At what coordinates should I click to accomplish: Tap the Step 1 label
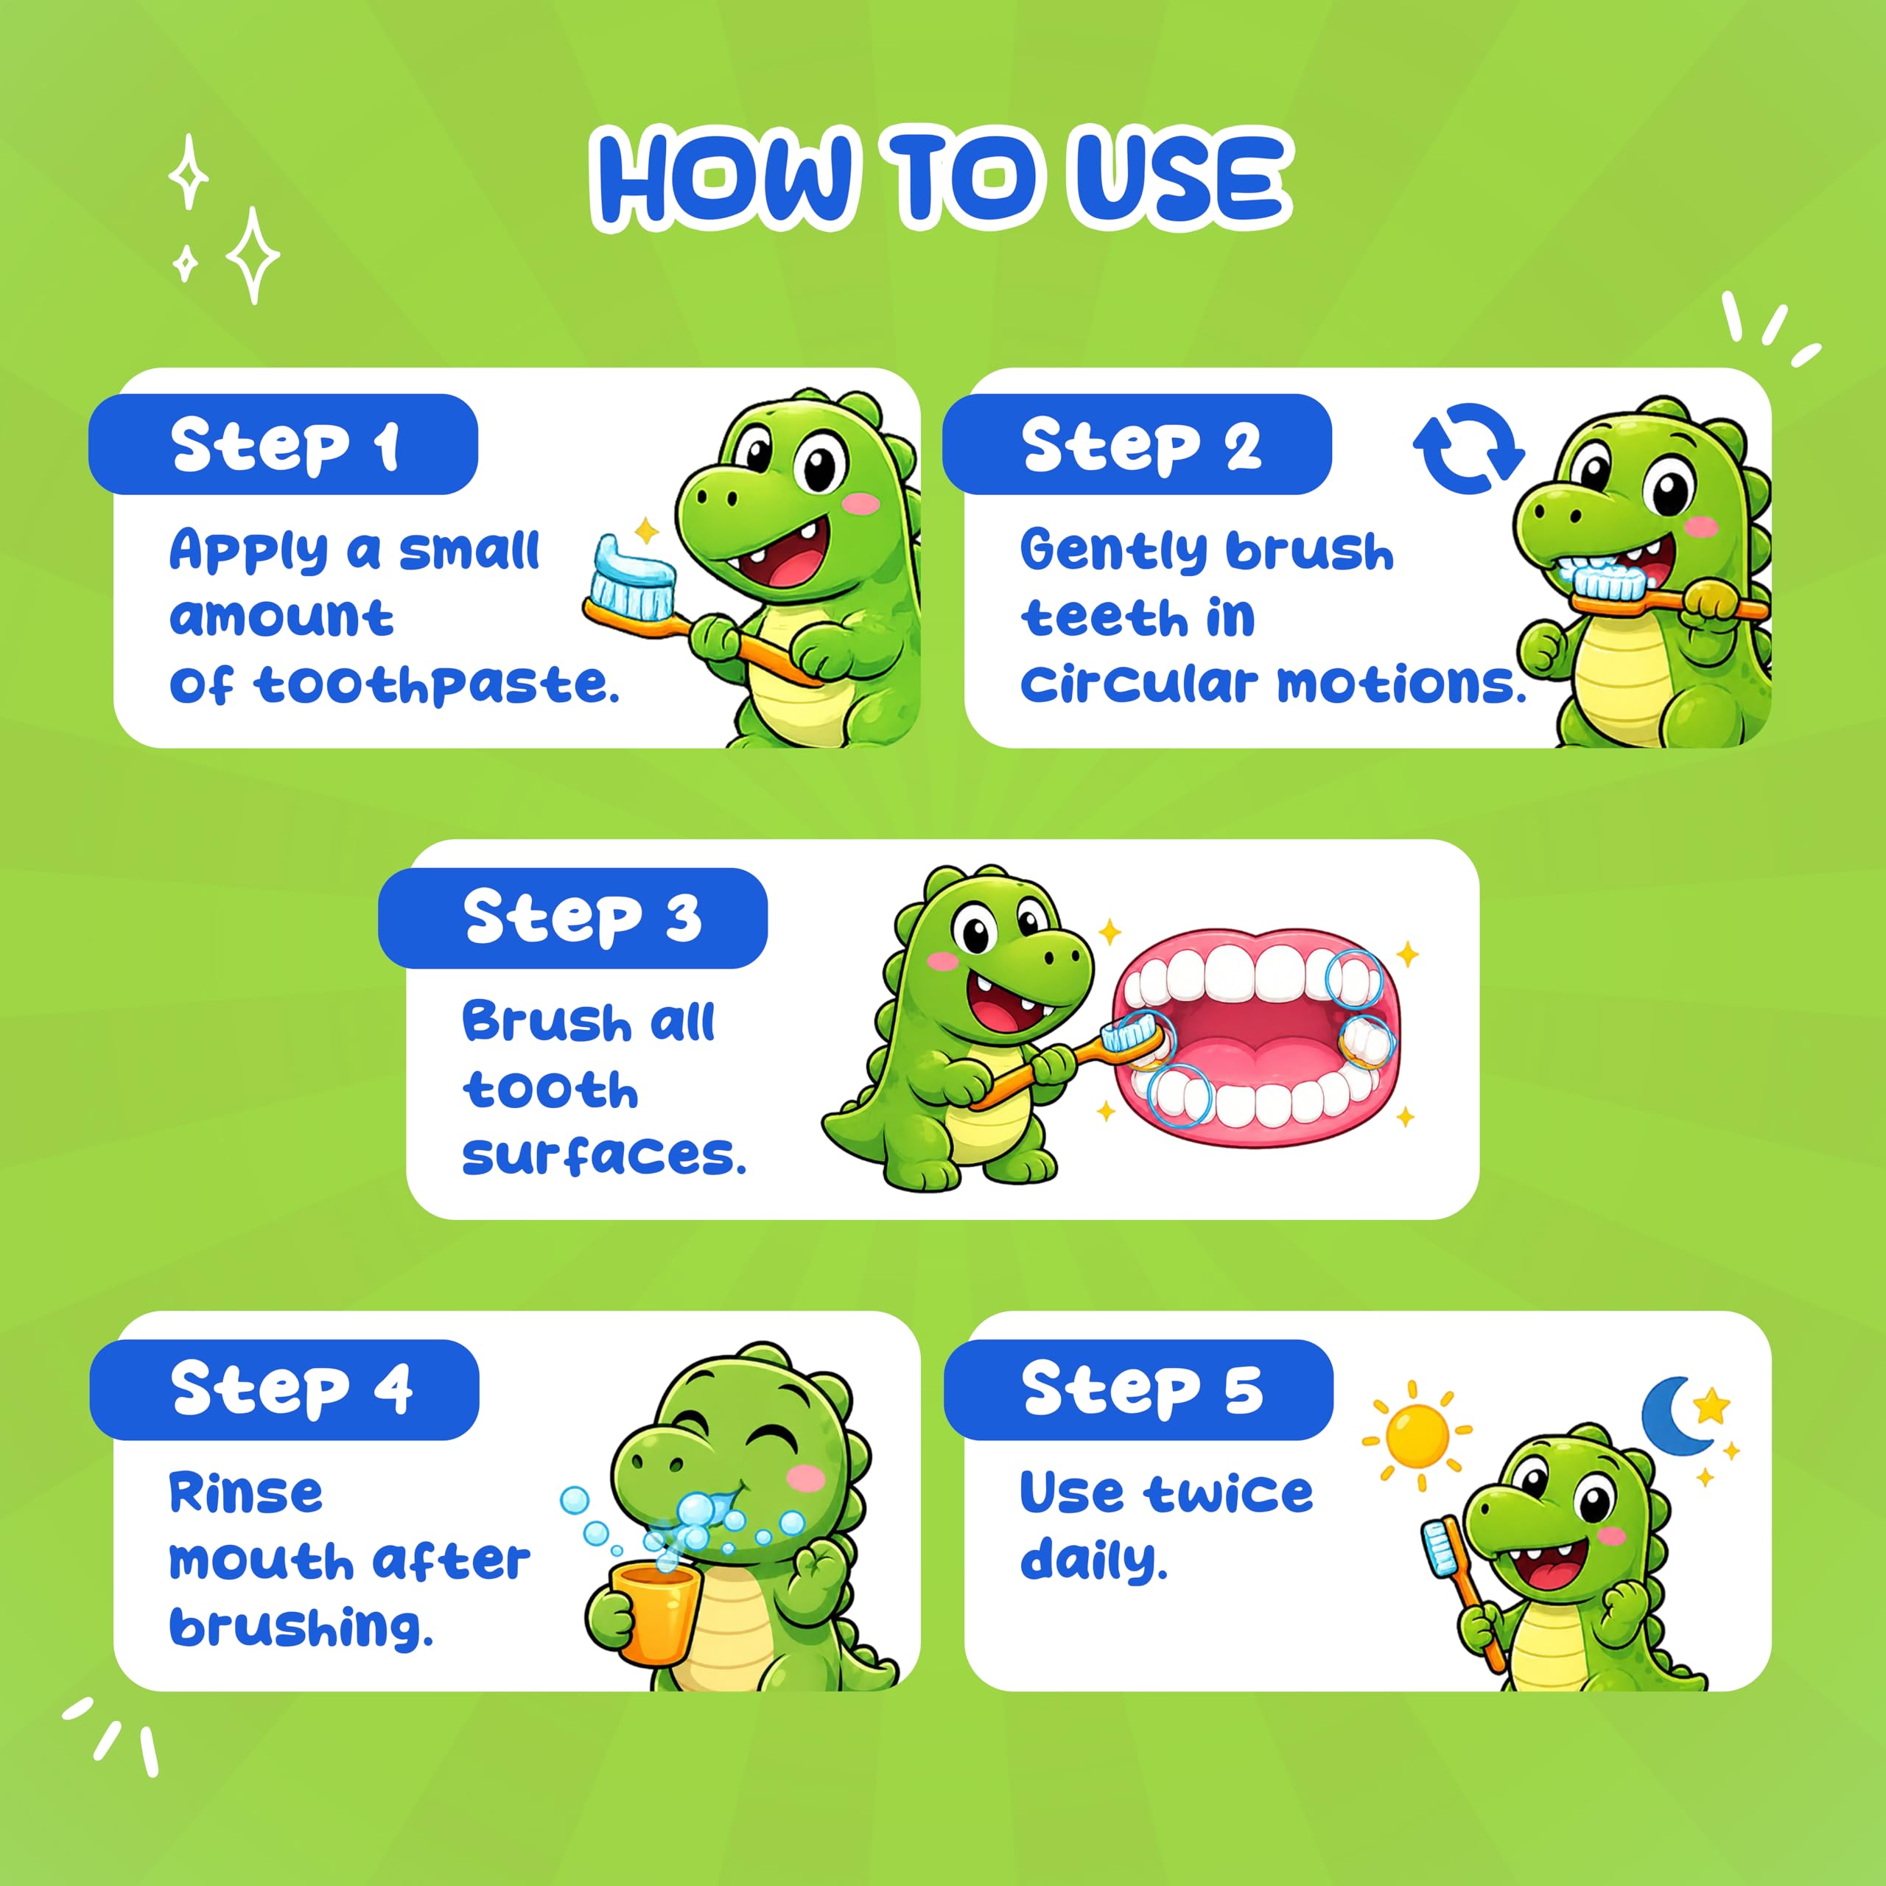coord(283,445)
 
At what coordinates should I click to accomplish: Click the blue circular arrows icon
coord(1468,448)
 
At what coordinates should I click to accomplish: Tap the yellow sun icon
coord(1417,1435)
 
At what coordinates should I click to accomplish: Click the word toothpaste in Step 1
coord(438,684)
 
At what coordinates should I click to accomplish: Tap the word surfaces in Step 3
coord(604,1156)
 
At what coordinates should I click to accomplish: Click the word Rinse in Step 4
coord(246,1493)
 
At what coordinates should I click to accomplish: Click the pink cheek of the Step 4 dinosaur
coord(806,1479)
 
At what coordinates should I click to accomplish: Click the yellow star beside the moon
coord(1711,1406)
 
